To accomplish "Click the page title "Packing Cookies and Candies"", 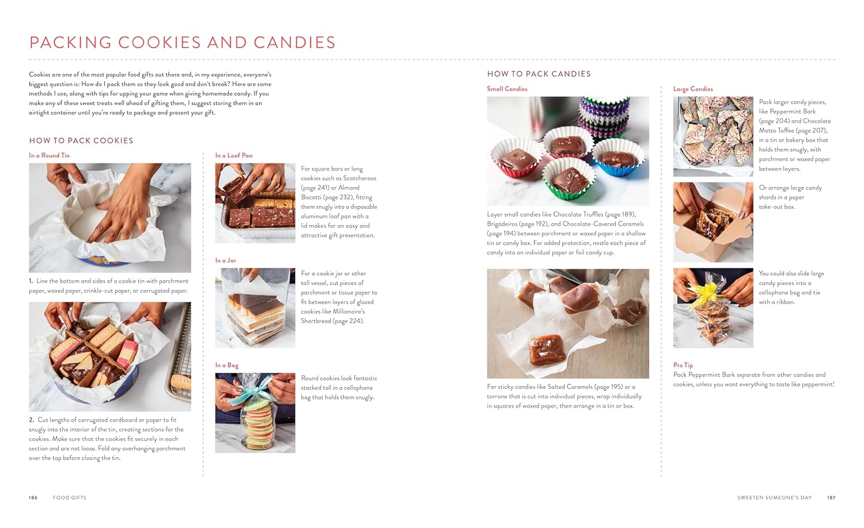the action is (182, 43).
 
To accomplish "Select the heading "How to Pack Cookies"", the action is (81, 140).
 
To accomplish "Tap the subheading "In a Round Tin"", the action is (50, 155).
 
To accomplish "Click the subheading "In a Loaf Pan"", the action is (234, 155).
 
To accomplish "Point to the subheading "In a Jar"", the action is (226, 260).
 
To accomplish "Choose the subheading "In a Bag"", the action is (227, 365).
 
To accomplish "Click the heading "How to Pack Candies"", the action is (539, 74).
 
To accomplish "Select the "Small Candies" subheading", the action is (507, 89).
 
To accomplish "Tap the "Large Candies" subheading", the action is (693, 89).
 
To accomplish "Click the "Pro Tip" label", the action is (683, 365).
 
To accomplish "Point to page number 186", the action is (33, 497).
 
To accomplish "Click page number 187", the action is (831, 497).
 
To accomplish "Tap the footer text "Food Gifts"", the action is (70, 497).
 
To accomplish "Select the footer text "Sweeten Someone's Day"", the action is (775, 497).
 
